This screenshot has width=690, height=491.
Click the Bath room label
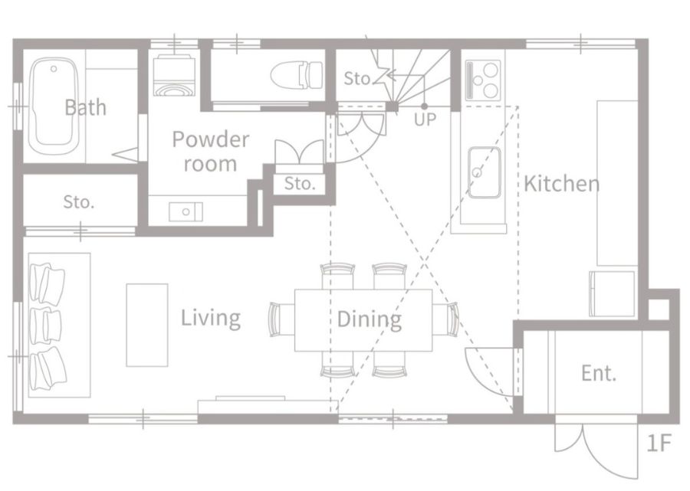85,107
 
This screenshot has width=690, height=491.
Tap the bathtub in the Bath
54,106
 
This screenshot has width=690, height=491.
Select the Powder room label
210,151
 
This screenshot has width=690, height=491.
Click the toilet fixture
296,75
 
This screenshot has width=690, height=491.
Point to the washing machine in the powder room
174,75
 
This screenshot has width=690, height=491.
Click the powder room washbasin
186,212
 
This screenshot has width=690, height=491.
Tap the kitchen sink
484,172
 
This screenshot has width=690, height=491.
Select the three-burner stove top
483,80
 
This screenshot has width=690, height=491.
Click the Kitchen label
561,183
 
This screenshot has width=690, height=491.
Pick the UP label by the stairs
425,119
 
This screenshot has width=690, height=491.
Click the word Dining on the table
370,319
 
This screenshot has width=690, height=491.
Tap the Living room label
211,318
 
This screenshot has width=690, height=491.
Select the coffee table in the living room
147,325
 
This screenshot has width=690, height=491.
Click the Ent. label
599,373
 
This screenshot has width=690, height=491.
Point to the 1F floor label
659,443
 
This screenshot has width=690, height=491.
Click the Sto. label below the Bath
79,201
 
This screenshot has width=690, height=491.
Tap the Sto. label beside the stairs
357,78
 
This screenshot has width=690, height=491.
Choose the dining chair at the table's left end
276,319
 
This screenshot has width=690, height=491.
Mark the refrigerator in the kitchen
612,293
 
